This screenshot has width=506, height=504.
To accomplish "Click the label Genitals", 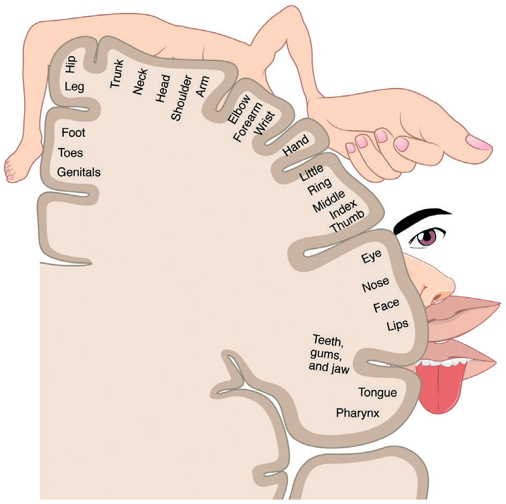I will click(79, 173).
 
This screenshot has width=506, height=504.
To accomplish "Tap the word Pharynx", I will click(358, 413).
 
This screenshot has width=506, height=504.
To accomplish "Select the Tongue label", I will click(377, 392).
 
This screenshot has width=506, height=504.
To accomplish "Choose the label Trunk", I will click(117, 73).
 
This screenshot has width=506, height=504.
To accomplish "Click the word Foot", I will click(73, 132).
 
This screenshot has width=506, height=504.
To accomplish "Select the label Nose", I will click(375, 285).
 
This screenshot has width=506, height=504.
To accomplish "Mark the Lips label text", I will click(397, 325).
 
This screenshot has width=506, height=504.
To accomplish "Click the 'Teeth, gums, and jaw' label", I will click(329, 354).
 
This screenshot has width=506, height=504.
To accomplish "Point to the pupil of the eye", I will click(427, 238).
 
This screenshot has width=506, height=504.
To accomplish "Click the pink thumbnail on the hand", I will click(479, 143).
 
